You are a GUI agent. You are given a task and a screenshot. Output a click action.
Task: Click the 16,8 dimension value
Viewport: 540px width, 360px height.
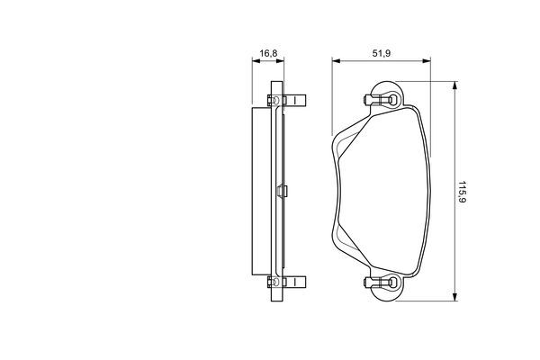(x=268, y=53)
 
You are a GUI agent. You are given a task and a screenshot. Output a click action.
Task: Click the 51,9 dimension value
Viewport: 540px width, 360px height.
(x=382, y=53)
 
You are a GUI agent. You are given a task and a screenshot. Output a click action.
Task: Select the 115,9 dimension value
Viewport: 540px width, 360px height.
(x=462, y=192)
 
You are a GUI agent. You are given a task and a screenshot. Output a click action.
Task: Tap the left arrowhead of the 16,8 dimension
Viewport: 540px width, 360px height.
(x=256, y=61)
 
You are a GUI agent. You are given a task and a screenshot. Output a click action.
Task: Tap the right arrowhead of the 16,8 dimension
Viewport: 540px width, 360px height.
(x=280, y=61)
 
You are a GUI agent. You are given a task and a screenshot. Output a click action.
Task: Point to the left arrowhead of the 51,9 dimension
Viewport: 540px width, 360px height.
(x=336, y=61)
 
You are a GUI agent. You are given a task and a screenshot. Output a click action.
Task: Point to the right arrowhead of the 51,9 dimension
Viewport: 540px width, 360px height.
(x=427, y=61)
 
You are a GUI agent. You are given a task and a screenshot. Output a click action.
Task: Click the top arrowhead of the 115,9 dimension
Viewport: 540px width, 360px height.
(x=454, y=85)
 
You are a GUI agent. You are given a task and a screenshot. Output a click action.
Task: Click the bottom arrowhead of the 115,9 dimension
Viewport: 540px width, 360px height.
(x=454, y=297)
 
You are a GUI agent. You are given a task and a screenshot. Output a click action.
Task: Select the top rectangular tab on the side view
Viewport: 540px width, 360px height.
(x=295, y=100)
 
